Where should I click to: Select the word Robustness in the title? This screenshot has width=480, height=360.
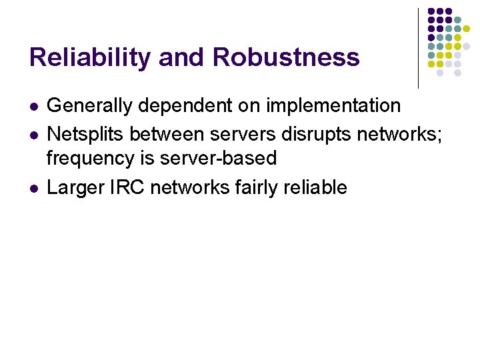point(286,58)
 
